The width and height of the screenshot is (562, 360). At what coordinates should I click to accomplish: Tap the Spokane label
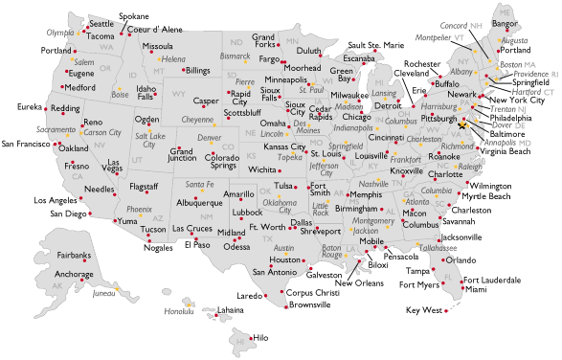point(133,17)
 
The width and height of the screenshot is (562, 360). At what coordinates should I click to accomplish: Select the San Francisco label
point(26,145)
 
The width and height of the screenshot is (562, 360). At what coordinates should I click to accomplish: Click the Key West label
point(424,310)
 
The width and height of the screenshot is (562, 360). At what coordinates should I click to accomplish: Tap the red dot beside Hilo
point(249,337)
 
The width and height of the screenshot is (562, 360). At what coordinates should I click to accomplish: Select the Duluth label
point(308,51)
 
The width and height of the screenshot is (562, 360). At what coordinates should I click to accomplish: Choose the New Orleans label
point(359,282)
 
